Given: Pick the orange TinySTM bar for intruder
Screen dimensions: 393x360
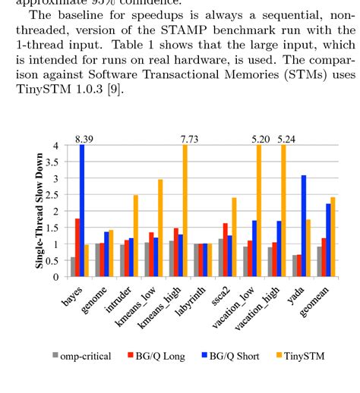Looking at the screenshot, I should (135, 236).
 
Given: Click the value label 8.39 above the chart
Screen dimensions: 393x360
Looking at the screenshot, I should (84, 139).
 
